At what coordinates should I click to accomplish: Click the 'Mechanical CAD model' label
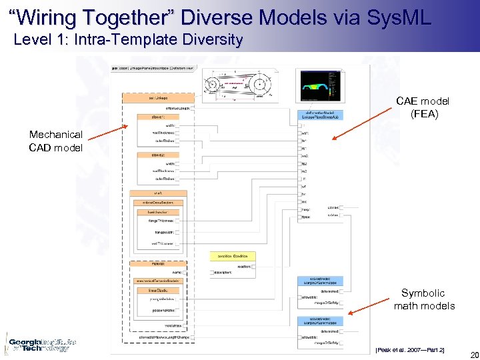[55, 141]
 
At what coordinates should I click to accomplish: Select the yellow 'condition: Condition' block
[233, 256]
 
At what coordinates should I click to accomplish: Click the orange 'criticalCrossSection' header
[158, 202]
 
